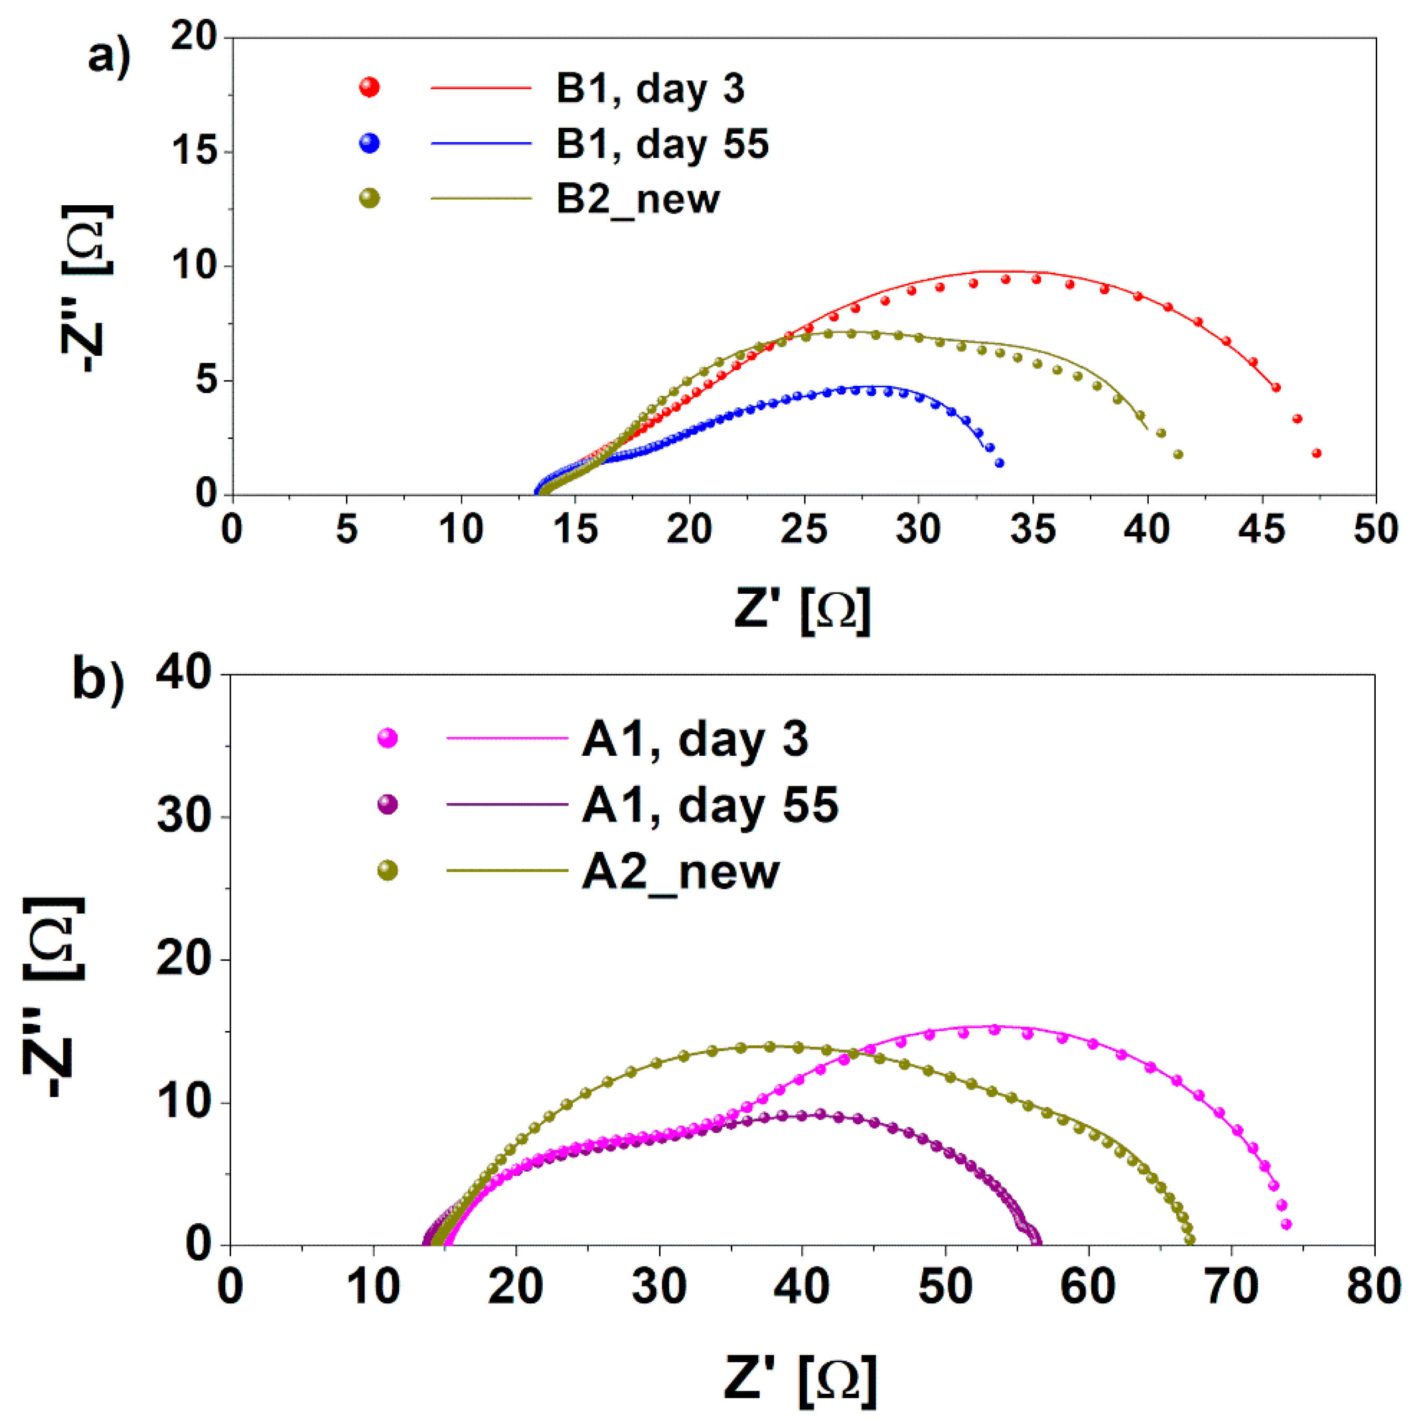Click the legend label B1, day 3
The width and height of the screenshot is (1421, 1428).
[649, 89]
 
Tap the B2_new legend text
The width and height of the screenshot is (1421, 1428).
[637, 199]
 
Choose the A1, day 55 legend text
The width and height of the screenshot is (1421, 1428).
[710, 805]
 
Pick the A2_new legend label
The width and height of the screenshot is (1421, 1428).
[680, 872]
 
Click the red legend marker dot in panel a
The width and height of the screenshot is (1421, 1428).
[369, 87]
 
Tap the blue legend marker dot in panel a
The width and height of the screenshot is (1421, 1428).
[369, 143]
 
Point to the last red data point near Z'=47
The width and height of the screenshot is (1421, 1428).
[1316, 453]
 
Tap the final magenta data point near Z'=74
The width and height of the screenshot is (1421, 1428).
[1286, 1225]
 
